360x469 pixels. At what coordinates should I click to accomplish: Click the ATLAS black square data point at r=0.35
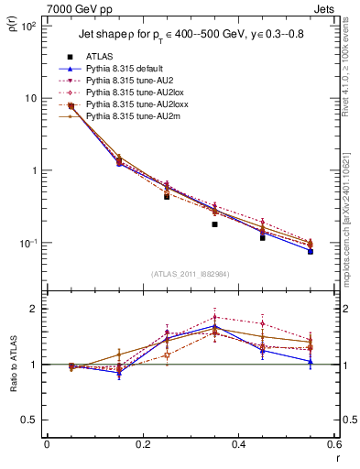coord(214,224)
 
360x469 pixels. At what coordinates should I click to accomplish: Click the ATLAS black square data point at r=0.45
coord(263,236)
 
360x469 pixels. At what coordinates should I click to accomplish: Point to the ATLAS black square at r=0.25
coord(167,196)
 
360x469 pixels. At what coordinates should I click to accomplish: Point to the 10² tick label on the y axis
coord(27,26)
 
